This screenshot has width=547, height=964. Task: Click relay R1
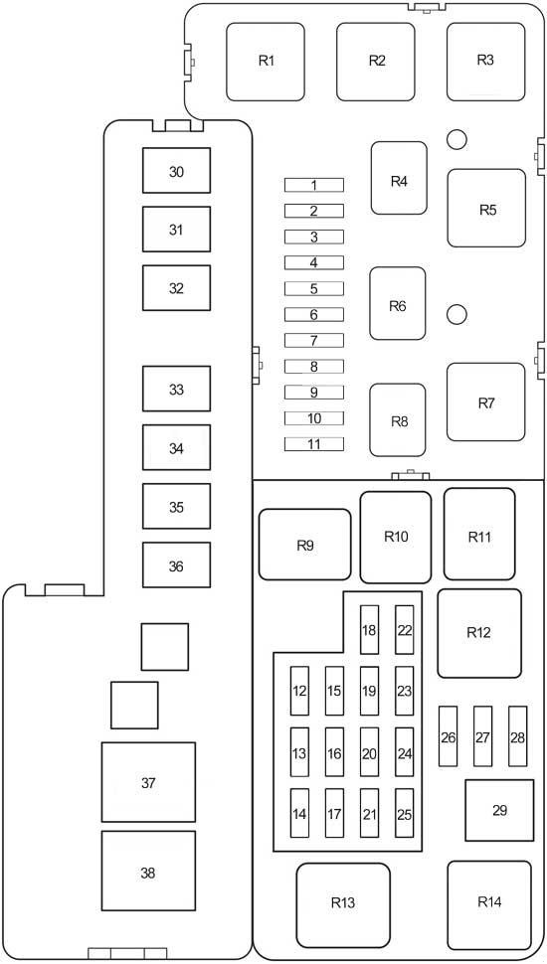(x=266, y=62)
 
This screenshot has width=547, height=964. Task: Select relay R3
(x=485, y=62)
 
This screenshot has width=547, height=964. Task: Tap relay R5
(x=486, y=208)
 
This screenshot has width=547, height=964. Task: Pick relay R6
(x=398, y=303)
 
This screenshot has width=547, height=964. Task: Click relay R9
(x=304, y=544)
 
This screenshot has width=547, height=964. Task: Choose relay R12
(x=479, y=633)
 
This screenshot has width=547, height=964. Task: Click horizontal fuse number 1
(x=314, y=185)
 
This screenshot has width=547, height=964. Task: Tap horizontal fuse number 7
(x=314, y=340)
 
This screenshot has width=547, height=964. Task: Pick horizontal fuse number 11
(x=314, y=444)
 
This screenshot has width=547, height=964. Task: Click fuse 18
(x=369, y=629)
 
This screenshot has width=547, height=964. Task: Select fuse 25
(x=404, y=813)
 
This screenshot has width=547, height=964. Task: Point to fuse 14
(x=299, y=813)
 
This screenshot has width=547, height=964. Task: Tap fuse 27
(x=483, y=736)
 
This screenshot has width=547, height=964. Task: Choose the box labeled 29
(x=499, y=810)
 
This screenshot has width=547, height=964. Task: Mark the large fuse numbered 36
(x=177, y=565)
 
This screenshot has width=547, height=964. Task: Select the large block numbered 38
(x=148, y=872)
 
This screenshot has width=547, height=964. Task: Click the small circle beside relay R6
(x=456, y=315)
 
